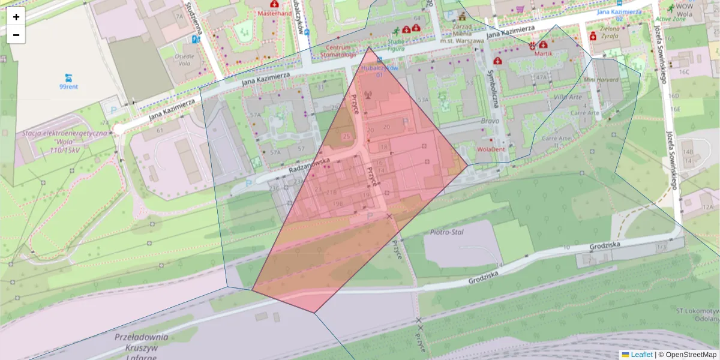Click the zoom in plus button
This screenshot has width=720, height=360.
[x=16, y=17]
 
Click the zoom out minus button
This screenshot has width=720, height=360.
[x=16, y=35]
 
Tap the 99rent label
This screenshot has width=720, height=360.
[x=68, y=86]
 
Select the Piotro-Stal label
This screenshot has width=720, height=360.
[x=447, y=232]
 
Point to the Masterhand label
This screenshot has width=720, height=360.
[x=274, y=13]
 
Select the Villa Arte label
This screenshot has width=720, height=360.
[x=568, y=97]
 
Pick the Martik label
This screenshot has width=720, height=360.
[x=542, y=53]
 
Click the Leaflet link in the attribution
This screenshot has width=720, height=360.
[x=641, y=355]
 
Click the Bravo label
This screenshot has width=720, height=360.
[x=490, y=121]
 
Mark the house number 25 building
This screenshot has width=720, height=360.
[x=346, y=137]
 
